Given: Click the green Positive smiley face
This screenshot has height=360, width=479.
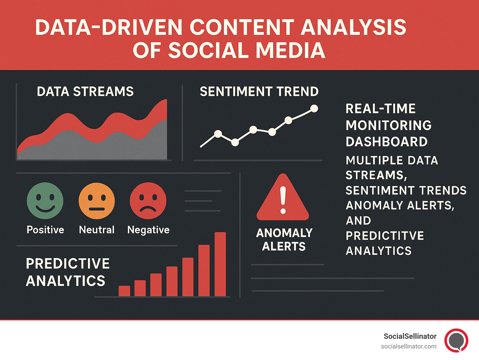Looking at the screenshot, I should coord(45,201).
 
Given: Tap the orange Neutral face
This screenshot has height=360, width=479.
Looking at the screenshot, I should coord(97,201).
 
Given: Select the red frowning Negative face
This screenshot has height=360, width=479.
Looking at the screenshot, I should coord(148,201).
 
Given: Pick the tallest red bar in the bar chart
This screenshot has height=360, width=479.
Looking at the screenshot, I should coord(220,264).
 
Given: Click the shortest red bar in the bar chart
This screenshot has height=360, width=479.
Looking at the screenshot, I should coord(124,291).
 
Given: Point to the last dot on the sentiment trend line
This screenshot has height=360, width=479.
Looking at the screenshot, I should coord(314,109).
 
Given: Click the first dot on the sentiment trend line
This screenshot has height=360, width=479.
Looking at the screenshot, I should coord(218,134).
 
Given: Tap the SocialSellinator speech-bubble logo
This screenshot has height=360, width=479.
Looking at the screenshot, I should coord(456,340).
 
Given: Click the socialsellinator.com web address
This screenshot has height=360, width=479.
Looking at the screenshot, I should coord(409,346).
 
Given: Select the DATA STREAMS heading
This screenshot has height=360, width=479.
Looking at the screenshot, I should coord(85,92).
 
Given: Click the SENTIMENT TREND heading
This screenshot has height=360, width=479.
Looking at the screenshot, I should coord(259,92).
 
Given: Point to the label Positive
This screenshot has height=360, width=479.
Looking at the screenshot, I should coord(46,230).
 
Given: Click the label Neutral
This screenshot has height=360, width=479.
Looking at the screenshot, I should coord(97,230).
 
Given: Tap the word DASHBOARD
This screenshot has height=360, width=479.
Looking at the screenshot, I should coord(386,142).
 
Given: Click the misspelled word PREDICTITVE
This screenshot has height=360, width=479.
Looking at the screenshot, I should coord(385,236).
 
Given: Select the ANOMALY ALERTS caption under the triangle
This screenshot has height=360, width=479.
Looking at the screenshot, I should coord(284,240).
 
